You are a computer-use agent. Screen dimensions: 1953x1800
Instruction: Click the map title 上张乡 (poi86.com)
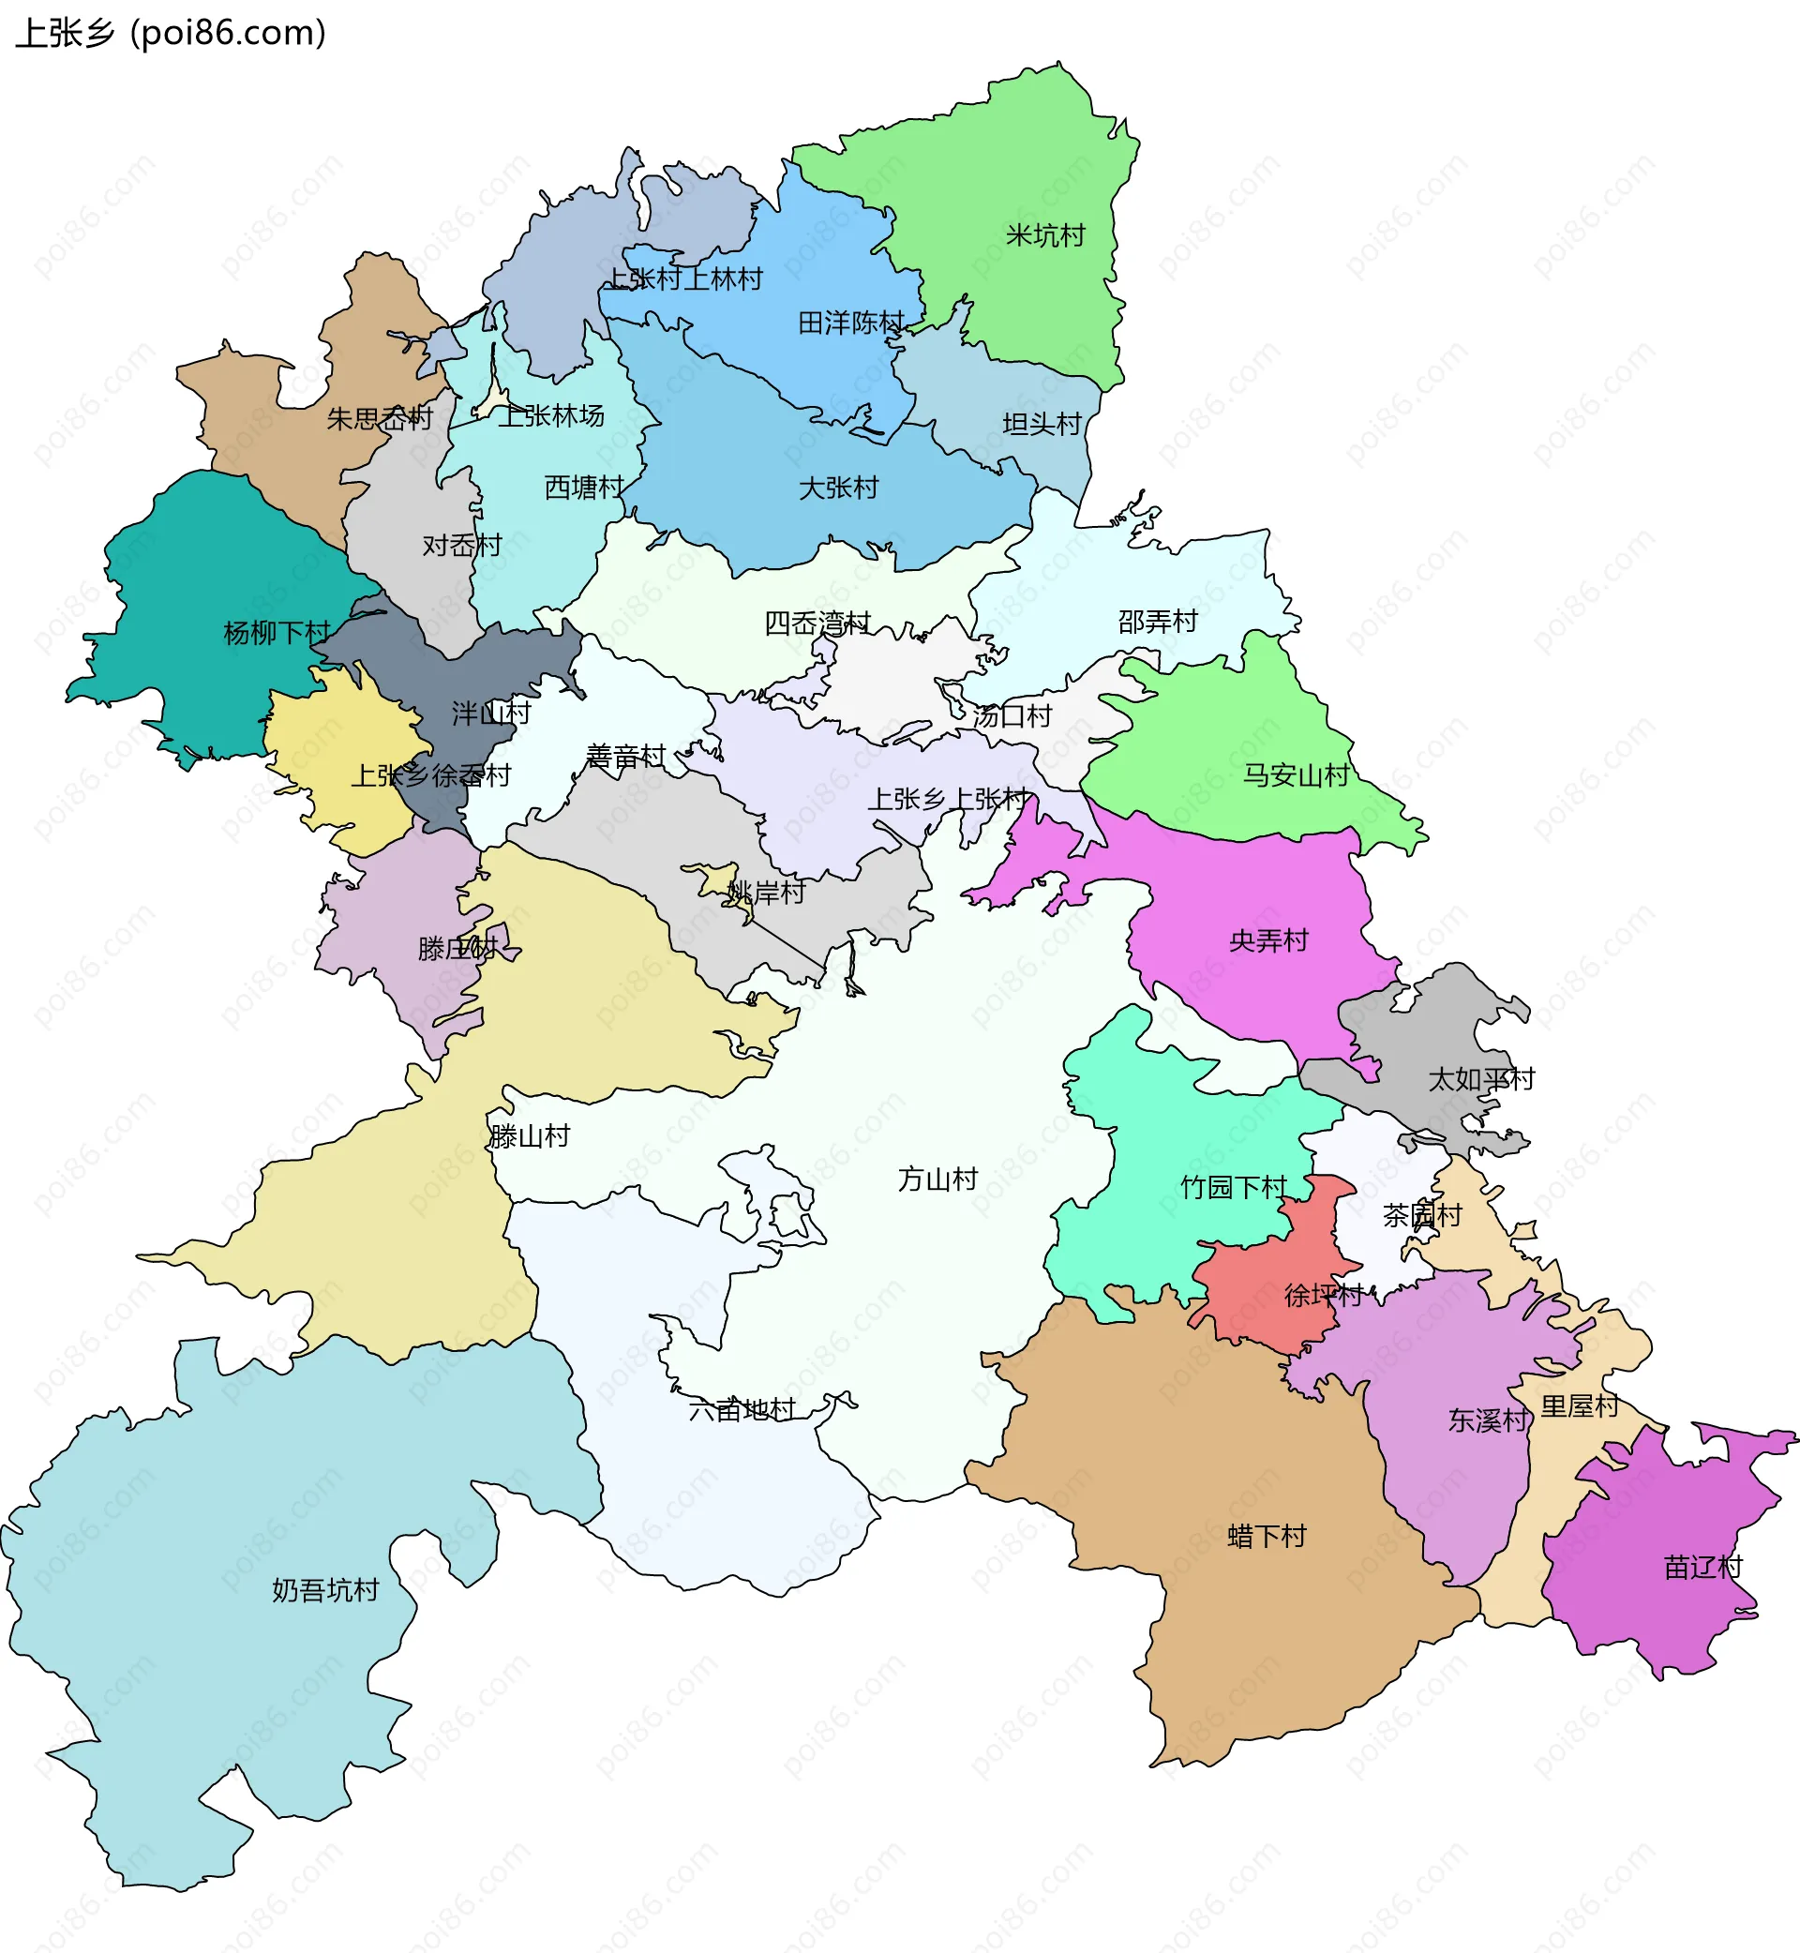tap(171, 33)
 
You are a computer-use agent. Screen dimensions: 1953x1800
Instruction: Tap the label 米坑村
tap(1045, 235)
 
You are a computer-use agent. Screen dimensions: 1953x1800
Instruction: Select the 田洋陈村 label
tap(851, 323)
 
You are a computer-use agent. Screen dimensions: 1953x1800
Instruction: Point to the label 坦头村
tap(1042, 424)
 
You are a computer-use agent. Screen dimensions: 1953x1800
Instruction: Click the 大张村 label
tap(839, 487)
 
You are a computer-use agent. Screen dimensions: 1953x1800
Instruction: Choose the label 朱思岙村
tap(379, 419)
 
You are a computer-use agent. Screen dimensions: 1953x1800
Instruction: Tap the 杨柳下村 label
tap(277, 633)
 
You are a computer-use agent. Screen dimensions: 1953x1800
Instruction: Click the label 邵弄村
tap(1157, 622)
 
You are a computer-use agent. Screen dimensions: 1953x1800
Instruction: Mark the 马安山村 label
tap(1296, 775)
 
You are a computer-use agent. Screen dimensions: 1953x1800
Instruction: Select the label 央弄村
tap(1268, 941)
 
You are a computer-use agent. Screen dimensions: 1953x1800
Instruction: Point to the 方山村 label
tap(937, 1179)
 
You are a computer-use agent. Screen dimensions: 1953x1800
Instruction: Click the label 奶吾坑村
tap(325, 1591)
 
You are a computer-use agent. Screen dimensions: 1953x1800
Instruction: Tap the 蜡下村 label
tap(1267, 1536)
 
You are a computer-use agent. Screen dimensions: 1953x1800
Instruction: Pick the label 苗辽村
tap(1702, 1568)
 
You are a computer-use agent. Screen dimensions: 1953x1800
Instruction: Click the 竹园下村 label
tap(1233, 1187)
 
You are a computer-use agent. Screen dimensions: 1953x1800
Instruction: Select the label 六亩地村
tap(742, 1409)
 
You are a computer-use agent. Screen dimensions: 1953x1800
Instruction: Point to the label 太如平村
tap(1480, 1079)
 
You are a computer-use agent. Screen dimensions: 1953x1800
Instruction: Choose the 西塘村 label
tap(584, 487)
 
